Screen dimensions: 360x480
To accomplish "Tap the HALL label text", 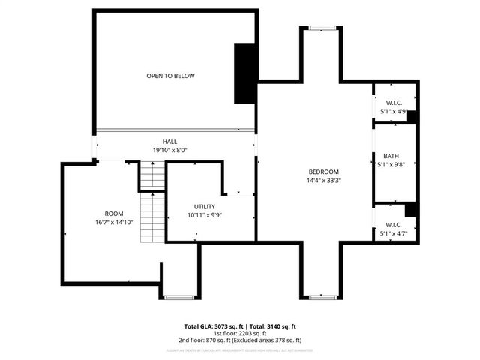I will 170,141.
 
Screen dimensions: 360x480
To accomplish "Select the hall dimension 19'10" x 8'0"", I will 170,150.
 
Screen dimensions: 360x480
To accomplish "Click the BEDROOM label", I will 323,172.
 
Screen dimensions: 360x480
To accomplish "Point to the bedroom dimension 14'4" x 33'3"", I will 323,181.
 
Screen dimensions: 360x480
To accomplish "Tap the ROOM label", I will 114,214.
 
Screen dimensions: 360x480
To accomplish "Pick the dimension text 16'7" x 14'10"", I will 114,223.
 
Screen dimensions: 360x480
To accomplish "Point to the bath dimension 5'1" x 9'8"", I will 392,165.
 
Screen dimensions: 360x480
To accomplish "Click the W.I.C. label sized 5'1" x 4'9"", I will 394,103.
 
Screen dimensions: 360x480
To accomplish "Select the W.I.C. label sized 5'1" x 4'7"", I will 394,224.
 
